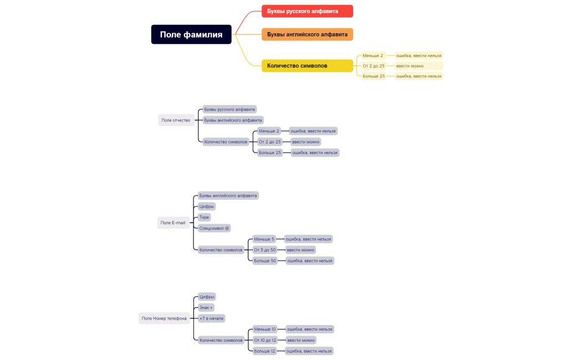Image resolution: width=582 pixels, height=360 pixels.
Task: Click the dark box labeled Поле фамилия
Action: pos(191,34)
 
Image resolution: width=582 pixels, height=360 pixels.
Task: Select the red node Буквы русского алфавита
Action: pos(307,11)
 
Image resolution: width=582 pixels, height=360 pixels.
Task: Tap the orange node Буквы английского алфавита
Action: pos(307,34)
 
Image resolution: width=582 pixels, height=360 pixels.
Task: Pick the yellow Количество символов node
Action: pos(307,65)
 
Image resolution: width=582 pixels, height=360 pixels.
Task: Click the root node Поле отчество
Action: pos(176,120)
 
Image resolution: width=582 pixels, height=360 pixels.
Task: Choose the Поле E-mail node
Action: pos(173,223)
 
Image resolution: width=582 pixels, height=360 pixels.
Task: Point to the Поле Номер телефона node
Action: pos(164,318)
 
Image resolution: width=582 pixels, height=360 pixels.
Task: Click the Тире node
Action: pos(205,217)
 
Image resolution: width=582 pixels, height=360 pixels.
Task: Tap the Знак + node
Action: pos(206,307)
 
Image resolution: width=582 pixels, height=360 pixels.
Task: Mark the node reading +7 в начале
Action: pos(212,318)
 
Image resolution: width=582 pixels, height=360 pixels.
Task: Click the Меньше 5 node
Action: pos(264,239)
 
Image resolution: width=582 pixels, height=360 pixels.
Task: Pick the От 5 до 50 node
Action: pos(265,250)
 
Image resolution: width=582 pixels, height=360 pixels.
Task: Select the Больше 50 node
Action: pos(265,261)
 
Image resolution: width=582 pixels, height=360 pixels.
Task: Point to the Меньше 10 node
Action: pos(265,329)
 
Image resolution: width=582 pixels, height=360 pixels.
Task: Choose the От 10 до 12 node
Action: pos(265,340)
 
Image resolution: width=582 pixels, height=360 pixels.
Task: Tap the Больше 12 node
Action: pos(265,351)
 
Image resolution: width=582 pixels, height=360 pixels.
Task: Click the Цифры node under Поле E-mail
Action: pos(207,207)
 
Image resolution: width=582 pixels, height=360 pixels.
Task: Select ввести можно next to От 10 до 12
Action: pos(301,340)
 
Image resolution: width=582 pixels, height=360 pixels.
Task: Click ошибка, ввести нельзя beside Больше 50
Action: pos(310,261)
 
